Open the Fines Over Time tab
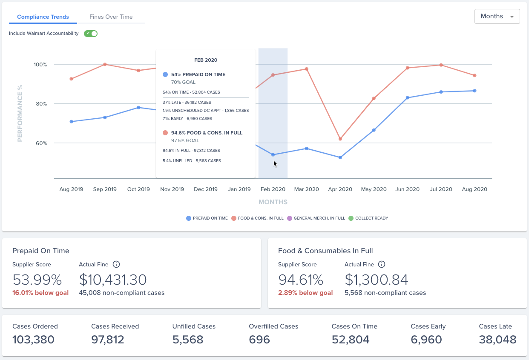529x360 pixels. [x=111, y=17]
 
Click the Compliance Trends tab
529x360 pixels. [x=43, y=17]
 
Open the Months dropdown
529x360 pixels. [x=497, y=16]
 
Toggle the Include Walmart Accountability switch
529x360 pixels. [x=91, y=34]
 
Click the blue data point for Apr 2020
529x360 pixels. [x=340, y=157]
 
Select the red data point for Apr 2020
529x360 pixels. [x=340, y=139]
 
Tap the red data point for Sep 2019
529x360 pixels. [x=105, y=64]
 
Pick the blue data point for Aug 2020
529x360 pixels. [x=474, y=91]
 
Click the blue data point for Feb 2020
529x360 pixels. [x=273, y=155]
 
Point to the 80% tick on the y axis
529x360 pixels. [x=41, y=104]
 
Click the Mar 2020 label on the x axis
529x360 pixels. [x=307, y=189]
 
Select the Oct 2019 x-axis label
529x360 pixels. [x=138, y=189]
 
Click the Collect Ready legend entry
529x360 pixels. [x=368, y=218]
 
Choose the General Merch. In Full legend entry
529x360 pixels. [x=316, y=218]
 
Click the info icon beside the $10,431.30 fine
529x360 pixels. [x=116, y=264]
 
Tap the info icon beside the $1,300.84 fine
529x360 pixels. [x=382, y=264]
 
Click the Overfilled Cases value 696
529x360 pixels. [x=259, y=340]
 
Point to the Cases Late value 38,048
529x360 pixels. [x=497, y=340]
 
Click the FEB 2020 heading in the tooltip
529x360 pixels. [x=206, y=60]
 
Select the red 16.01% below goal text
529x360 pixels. [x=40, y=293]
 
